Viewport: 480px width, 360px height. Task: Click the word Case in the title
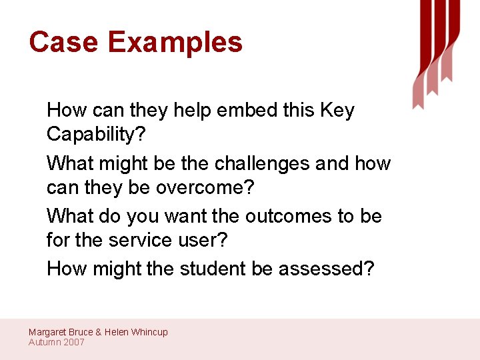tap(63, 42)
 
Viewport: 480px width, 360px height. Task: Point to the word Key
tap(337, 110)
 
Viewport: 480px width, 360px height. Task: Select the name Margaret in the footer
tap(47, 332)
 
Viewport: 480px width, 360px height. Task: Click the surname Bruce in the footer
tap(81, 332)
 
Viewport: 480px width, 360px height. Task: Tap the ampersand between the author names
tap(99, 332)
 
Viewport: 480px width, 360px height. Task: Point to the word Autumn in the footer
tap(44, 342)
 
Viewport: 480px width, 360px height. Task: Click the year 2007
tap(73, 342)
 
